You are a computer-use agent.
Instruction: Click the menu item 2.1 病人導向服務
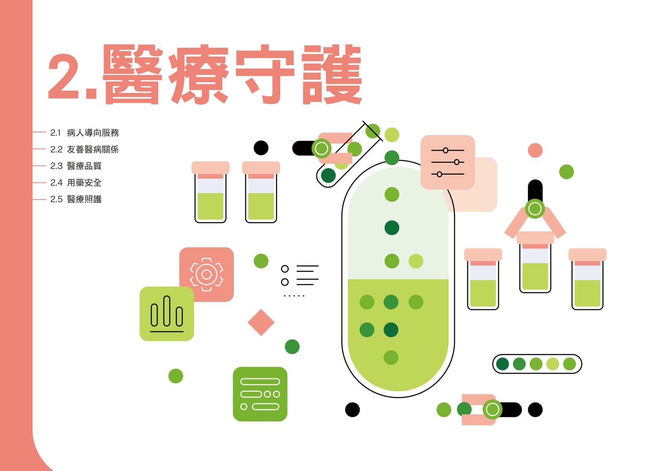pyautogui.click(x=84, y=133)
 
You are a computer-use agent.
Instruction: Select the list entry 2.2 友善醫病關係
pyautogui.click(x=84, y=150)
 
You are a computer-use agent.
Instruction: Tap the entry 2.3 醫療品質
pyautogui.click(x=76, y=166)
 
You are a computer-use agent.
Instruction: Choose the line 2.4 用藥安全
pyautogui.click(x=76, y=183)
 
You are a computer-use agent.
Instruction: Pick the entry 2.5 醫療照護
pyautogui.click(x=76, y=199)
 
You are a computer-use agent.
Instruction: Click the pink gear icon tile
pyautogui.click(x=206, y=274)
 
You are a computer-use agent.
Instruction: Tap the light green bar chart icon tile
pyautogui.click(x=167, y=314)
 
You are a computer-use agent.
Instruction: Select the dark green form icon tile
pyautogui.click(x=260, y=394)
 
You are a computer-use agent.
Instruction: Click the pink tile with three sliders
pyautogui.click(x=447, y=162)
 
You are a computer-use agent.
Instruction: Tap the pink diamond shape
pyautogui.click(x=261, y=323)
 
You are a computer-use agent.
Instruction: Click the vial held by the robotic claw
pyautogui.click(x=535, y=263)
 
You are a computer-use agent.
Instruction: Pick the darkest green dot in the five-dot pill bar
pyautogui.click(x=502, y=364)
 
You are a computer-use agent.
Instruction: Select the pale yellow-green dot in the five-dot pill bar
pyautogui.click(x=553, y=364)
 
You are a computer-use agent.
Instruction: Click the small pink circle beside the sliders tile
pyautogui.click(x=535, y=150)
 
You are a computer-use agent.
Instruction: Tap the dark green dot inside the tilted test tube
pyautogui.click(x=328, y=175)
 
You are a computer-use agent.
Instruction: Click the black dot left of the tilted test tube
pyautogui.click(x=261, y=148)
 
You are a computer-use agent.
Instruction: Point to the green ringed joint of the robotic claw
pyautogui.click(x=535, y=209)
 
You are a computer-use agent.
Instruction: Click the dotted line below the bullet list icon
pyautogui.click(x=294, y=296)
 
